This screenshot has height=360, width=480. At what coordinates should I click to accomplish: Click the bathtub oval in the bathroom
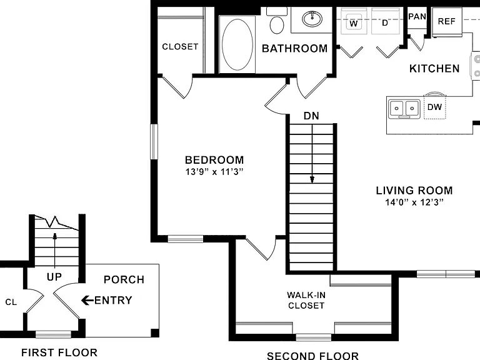[x=237, y=45]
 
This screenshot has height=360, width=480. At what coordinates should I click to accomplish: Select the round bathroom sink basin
[x=312, y=19]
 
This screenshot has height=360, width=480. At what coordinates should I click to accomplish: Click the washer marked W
[x=353, y=21]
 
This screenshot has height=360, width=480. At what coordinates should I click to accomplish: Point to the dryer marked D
[x=385, y=21]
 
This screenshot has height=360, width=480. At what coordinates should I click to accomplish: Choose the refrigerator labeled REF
[x=447, y=22]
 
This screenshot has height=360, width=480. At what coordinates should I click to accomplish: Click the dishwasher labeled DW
[x=435, y=107]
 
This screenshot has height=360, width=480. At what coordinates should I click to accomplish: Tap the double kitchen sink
[x=404, y=109]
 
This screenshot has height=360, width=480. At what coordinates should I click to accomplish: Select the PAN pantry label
[x=417, y=16]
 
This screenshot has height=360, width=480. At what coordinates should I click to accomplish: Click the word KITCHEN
[x=434, y=69]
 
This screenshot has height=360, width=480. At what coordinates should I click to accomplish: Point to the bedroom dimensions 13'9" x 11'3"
[x=214, y=172]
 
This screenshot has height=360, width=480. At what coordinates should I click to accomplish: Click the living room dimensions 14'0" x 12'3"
[x=414, y=202]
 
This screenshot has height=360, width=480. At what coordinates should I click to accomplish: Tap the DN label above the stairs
[x=311, y=116]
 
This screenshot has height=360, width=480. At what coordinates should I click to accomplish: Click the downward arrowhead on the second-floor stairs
[x=312, y=179]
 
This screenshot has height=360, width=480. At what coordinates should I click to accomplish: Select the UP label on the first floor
[x=54, y=277]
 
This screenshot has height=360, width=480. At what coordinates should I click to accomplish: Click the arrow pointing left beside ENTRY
[x=87, y=300]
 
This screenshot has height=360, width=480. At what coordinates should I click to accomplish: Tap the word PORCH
[x=124, y=279]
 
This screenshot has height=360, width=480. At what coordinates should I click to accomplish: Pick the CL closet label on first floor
[x=11, y=302]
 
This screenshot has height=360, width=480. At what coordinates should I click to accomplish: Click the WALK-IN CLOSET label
[x=306, y=300]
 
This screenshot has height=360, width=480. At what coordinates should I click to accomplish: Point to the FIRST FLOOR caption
[x=59, y=352]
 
